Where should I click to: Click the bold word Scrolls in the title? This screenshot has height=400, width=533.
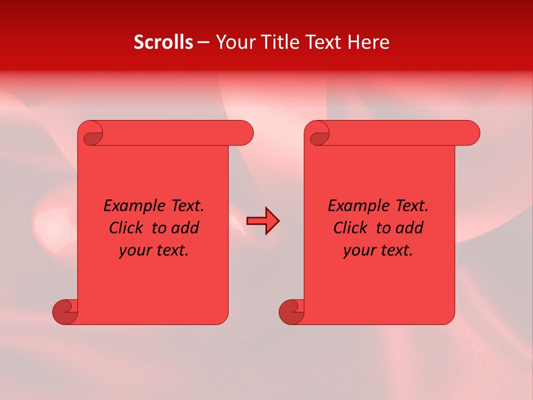click(163, 42)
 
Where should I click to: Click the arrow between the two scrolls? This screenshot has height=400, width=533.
click(263, 221)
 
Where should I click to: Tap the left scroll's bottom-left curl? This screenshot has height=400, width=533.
click(65, 312)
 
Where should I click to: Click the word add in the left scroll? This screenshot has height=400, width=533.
click(185, 228)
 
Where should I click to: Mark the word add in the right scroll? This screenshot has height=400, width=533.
click(410, 228)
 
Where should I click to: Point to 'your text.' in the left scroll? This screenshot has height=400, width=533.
click(154, 251)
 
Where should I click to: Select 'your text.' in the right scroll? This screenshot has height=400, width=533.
click(378, 251)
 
